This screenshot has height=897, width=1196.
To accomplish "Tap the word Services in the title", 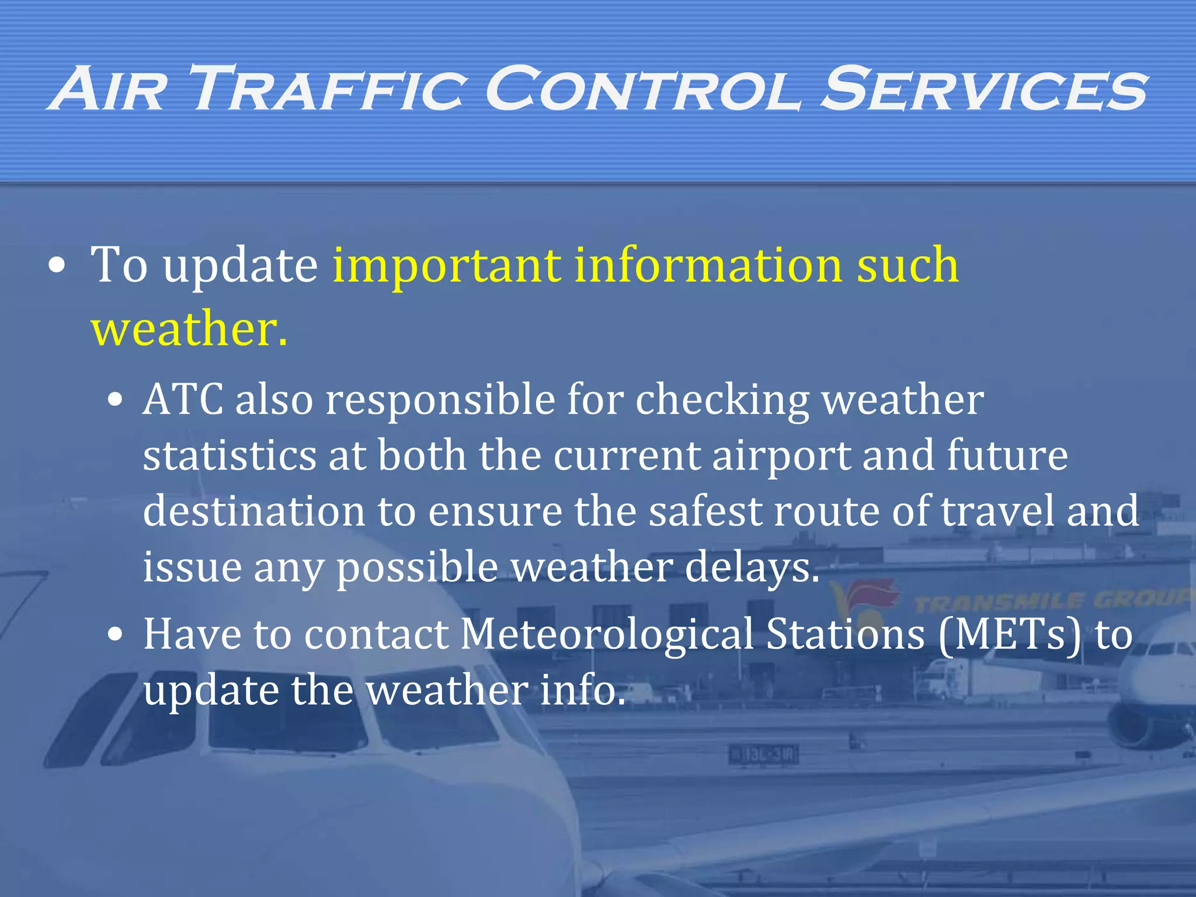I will (x=984, y=89).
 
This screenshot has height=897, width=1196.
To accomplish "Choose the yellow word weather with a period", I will (x=189, y=329).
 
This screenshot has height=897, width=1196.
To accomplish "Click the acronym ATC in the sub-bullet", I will (x=183, y=400).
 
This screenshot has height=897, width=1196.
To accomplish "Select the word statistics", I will (x=230, y=456).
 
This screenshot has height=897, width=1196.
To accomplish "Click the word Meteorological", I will (x=607, y=635).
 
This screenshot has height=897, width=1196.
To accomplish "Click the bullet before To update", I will (x=57, y=266).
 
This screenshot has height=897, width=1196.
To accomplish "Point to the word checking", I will (x=722, y=401).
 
